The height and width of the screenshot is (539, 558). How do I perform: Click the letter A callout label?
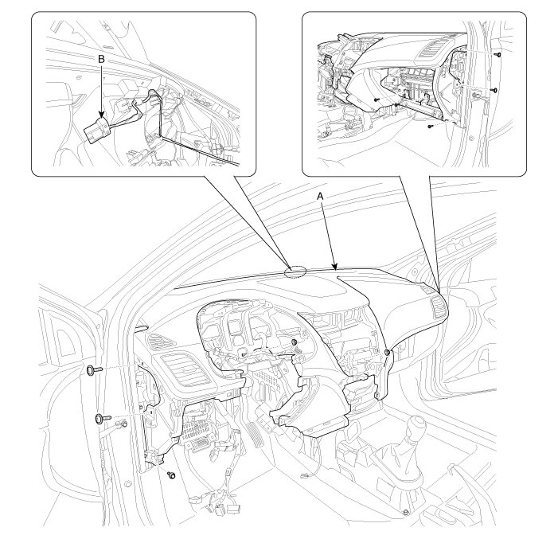[321, 196]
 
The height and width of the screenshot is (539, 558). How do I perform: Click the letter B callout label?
[101, 60]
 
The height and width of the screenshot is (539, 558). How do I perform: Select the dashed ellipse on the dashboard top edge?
[296, 271]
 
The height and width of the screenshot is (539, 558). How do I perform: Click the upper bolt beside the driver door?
[94, 370]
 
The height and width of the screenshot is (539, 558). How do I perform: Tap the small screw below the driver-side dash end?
[172, 475]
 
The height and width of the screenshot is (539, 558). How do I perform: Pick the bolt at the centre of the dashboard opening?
[295, 342]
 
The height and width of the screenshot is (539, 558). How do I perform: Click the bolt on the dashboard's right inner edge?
[388, 352]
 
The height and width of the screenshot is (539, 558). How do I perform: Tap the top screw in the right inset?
[498, 55]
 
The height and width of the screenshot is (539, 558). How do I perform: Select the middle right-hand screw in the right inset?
[494, 89]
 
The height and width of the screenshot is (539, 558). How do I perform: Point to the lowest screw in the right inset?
[431, 126]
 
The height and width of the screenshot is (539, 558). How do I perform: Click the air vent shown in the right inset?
[431, 48]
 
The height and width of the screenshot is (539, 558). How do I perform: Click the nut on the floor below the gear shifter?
[406, 513]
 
